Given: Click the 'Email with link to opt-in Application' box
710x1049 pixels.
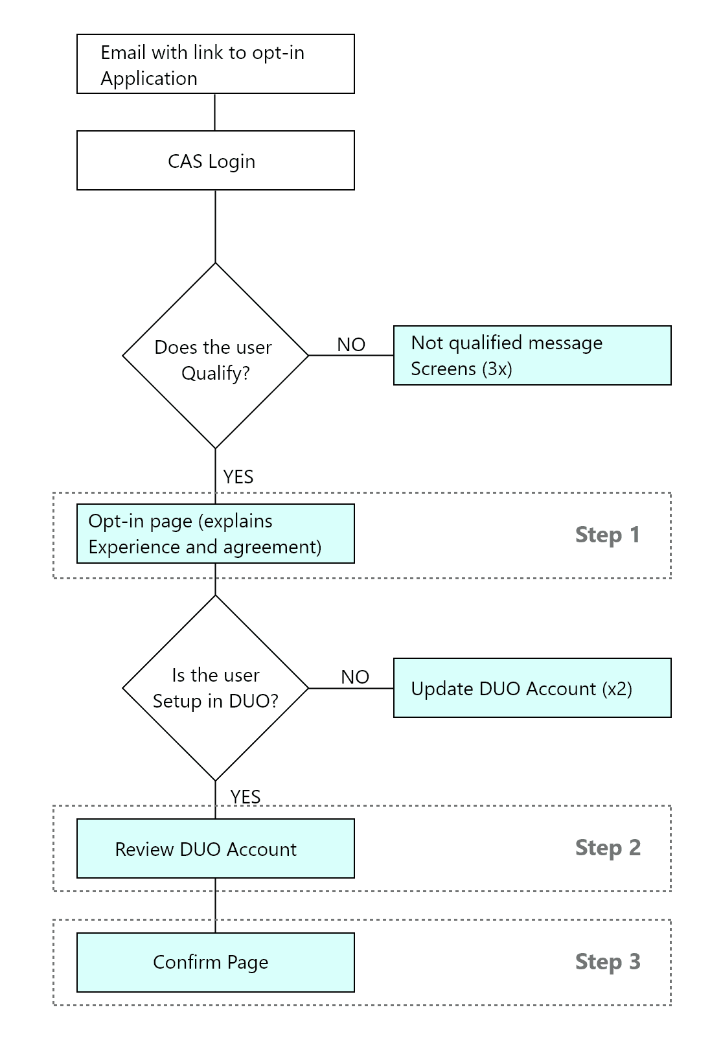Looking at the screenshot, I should pos(215,64).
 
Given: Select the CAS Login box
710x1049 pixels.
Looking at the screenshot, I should pos(215,161).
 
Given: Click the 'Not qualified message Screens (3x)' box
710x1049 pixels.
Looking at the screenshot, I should pos(532,356).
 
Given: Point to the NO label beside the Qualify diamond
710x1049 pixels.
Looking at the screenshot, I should pos(351,345).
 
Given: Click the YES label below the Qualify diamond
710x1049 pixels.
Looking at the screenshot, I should pos(238,477).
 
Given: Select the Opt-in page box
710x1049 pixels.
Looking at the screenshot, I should pos(215,534).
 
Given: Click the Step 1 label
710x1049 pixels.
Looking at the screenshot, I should pos(607,535).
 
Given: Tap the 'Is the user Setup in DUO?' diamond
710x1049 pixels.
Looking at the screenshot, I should pos(215,688).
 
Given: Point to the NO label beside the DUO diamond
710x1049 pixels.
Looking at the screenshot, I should pos(355,677).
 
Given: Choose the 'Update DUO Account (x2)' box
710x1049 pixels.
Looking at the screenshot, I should pos(532,688).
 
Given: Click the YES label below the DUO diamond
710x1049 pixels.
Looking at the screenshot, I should pos(246,796).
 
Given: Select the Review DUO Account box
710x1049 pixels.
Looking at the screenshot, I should pos(215,849).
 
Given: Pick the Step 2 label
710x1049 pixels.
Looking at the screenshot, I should pos(607,847).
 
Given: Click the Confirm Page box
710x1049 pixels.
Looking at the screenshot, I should pos(215,962).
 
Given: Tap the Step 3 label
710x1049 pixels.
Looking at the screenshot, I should pos(607,962).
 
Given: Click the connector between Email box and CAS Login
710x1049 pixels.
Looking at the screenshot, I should pos(215,112).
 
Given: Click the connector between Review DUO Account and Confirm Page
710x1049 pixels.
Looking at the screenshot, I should pos(216,906).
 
